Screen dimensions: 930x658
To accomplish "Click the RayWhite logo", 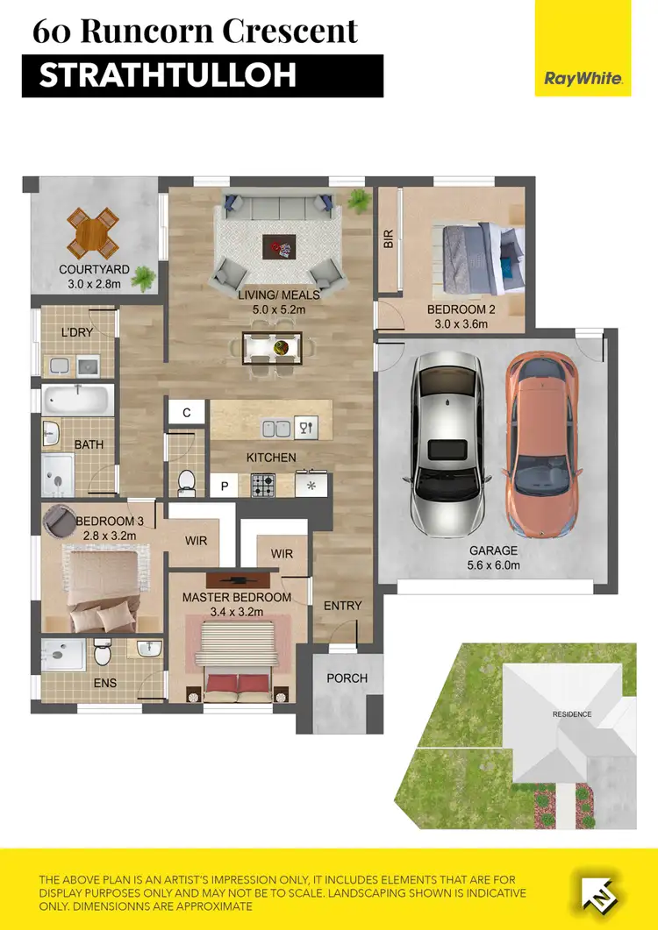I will (x=583, y=78).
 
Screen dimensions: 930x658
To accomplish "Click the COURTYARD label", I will (x=94, y=269).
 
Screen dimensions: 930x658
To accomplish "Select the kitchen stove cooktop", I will (x=264, y=484).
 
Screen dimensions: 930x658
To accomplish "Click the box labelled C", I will (x=187, y=413).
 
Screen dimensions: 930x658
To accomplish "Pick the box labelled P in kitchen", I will (x=224, y=486).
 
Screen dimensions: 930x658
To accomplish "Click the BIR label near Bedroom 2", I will (x=388, y=239).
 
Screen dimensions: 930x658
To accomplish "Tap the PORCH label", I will (x=347, y=678).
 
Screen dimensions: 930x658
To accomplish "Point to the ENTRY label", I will (x=342, y=606).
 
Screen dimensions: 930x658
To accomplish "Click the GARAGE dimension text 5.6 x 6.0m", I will (x=492, y=565).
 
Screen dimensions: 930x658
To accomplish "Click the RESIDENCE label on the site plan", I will (x=571, y=713).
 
